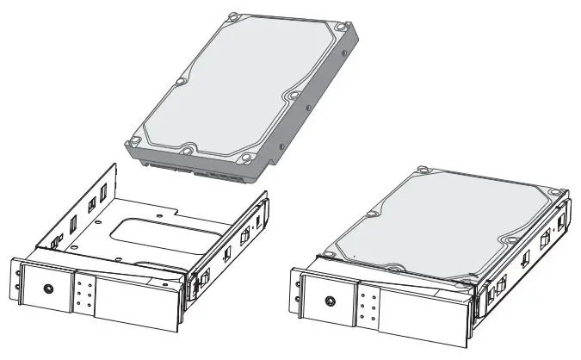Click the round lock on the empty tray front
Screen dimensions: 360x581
tap(46, 289)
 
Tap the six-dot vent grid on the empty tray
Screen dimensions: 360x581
tap(83, 293)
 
